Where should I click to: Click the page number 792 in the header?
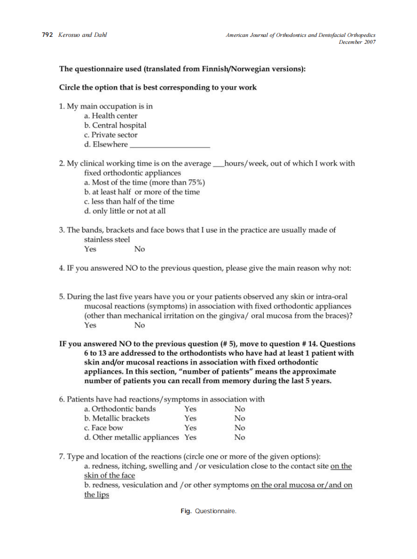(47, 35)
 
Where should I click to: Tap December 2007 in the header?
(357, 42)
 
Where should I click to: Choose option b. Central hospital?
(115, 126)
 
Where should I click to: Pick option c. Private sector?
(111, 135)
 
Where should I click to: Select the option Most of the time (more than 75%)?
(145, 182)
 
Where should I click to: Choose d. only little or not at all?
(125, 211)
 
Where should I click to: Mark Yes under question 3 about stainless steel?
(91, 249)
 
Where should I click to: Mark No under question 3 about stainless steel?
(140, 249)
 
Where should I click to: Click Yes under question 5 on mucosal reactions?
(91, 325)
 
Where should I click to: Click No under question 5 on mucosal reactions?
(140, 325)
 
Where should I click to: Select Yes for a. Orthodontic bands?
(191, 409)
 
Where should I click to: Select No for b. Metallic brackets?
(240, 419)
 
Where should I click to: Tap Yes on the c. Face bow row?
(191, 428)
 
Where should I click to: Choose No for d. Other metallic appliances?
(240, 437)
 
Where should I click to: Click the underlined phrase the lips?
(97, 495)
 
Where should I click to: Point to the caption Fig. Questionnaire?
(208, 511)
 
